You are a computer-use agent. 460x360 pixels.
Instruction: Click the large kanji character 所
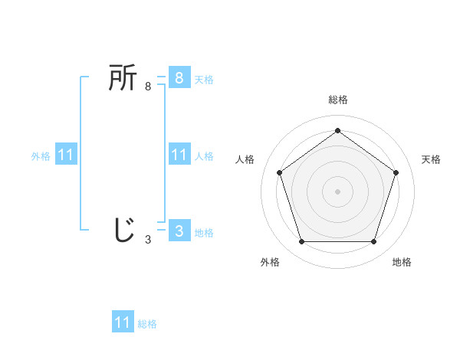(123, 78)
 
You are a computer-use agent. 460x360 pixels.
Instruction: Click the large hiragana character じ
(123, 230)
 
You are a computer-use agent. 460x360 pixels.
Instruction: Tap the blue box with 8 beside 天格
(179, 78)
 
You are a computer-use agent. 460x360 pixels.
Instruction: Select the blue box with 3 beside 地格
(179, 231)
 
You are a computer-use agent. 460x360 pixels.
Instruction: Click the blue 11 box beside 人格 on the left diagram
(179, 155)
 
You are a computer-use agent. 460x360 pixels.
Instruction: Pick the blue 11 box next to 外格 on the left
(65, 155)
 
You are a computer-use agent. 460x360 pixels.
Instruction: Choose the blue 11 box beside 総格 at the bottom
(123, 322)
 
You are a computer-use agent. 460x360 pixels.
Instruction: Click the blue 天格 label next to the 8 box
(204, 79)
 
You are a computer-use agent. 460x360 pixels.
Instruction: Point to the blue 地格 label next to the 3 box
(204, 232)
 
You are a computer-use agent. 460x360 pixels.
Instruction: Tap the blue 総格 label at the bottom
(147, 324)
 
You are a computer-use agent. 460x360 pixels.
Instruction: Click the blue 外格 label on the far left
(41, 156)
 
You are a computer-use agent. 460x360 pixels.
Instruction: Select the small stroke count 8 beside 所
(148, 87)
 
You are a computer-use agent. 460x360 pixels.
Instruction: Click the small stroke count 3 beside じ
(148, 240)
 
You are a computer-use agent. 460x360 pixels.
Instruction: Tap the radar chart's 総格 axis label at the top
(337, 100)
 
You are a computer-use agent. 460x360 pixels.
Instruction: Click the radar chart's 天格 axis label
(431, 159)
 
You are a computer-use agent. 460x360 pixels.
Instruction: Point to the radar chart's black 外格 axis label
(270, 262)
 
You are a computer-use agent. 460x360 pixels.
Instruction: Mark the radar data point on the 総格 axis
(337, 130)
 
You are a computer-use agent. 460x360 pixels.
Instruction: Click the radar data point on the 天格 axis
(396, 172)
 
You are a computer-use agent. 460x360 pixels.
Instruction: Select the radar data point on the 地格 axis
(373, 241)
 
